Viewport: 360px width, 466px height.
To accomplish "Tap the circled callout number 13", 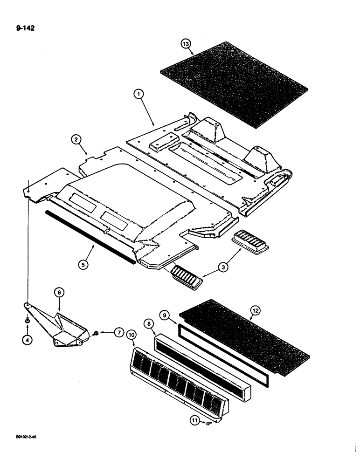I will pos(186,44).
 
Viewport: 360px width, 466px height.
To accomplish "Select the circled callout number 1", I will pos(138,94).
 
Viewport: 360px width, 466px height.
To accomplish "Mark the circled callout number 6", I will pos(60,292).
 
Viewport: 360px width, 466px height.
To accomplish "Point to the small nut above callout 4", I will pos(28,321).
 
